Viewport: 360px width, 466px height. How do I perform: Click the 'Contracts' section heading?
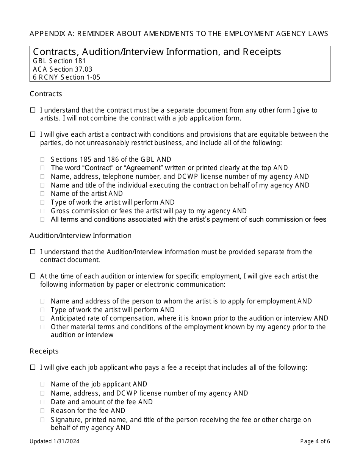(x=45, y=94)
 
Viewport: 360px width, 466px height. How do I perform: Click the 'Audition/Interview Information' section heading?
(x=80, y=235)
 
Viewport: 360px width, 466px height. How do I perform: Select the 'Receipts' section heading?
(x=44, y=351)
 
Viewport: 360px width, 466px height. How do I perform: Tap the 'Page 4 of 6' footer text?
(x=315, y=441)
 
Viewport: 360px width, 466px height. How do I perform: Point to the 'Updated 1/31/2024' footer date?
(x=55, y=441)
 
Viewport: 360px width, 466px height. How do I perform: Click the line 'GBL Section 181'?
(x=59, y=61)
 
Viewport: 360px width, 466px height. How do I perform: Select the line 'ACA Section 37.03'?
(x=63, y=69)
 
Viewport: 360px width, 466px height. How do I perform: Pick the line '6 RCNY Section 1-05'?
(x=66, y=77)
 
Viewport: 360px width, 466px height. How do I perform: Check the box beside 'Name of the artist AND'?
(x=42, y=194)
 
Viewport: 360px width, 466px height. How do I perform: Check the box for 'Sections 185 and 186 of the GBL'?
(x=42, y=160)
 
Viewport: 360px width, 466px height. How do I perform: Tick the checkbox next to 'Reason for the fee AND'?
(x=42, y=411)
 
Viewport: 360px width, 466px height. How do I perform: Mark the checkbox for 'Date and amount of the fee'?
(x=42, y=402)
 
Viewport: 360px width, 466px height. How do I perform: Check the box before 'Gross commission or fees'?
(x=42, y=211)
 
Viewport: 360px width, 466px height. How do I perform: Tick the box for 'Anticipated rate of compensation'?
(x=42, y=319)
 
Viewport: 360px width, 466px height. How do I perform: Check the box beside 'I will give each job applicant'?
(x=33, y=367)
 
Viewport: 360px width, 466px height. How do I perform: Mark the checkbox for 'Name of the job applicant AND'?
(x=42, y=385)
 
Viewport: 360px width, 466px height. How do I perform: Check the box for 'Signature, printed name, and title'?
(x=42, y=420)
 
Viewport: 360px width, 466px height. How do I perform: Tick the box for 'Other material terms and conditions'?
(x=42, y=327)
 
